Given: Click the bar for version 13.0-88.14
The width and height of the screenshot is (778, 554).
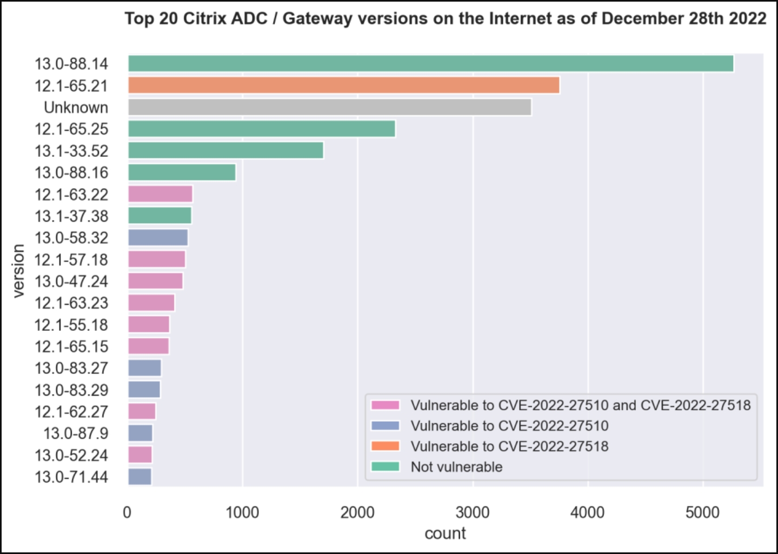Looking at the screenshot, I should pyautogui.click(x=430, y=64).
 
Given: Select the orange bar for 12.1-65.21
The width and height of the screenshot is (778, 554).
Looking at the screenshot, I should pyautogui.click(x=343, y=85).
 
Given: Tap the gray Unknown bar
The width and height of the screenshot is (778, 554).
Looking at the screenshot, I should pyautogui.click(x=329, y=107).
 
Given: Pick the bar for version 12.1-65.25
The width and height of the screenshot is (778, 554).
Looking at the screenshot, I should pyautogui.click(x=261, y=129).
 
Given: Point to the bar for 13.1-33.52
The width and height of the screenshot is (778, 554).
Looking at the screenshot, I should pyautogui.click(x=225, y=150).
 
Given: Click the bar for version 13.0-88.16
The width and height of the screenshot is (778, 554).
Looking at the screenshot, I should pyautogui.click(x=182, y=172).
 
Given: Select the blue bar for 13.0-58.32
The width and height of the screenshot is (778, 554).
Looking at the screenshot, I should pyautogui.click(x=158, y=238).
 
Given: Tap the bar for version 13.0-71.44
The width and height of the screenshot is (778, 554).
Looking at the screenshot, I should pyautogui.click(x=139, y=477).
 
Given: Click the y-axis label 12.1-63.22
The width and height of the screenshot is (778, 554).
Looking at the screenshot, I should pyautogui.click(x=71, y=195).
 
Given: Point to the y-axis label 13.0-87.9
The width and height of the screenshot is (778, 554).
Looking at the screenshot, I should pyautogui.click(x=76, y=433).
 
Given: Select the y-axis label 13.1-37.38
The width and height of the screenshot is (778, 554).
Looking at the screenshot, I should pyautogui.click(x=71, y=216).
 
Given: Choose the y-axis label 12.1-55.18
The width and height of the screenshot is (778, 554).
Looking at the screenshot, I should pyautogui.click(x=71, y=325).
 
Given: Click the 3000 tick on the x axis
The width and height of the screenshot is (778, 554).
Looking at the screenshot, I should pyautogui.click(x=473, y=512).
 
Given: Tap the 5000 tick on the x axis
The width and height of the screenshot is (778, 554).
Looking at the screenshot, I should pyautogui.click(x=702, y=512).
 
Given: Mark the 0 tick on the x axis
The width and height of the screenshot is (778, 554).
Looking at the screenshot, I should pyautogui.click(x=128, y=512).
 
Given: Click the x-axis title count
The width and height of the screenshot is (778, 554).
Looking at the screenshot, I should pyautogui.click(x=445, y=533).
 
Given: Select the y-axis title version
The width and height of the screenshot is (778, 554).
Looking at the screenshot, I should pyautogui.click(x=19, y=270).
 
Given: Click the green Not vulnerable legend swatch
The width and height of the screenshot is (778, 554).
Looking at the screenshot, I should pyautogui.click(x=385, y=466).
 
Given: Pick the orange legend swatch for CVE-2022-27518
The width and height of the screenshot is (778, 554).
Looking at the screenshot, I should pyautogui.click(x=385, y=446).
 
